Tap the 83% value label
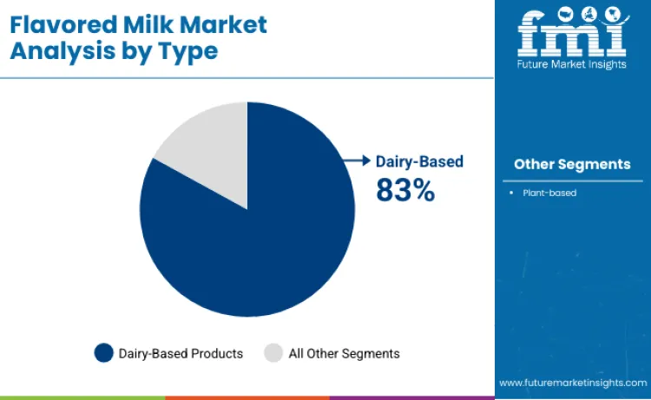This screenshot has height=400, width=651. [404, 189]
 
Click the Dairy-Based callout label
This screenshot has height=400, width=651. [419, 161]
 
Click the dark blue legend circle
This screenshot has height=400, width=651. [104, 353]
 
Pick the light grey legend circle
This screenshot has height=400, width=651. [273, 353]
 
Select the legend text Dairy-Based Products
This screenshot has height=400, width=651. [181, 354]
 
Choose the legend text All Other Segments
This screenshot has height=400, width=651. [345, 354]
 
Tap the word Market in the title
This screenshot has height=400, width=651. [227, 24]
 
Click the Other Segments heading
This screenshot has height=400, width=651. [572, 164]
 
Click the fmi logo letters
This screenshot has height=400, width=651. [572, 33]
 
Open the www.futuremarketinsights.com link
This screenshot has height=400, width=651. [572, 382]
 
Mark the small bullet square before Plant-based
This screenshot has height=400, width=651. [512, 193]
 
